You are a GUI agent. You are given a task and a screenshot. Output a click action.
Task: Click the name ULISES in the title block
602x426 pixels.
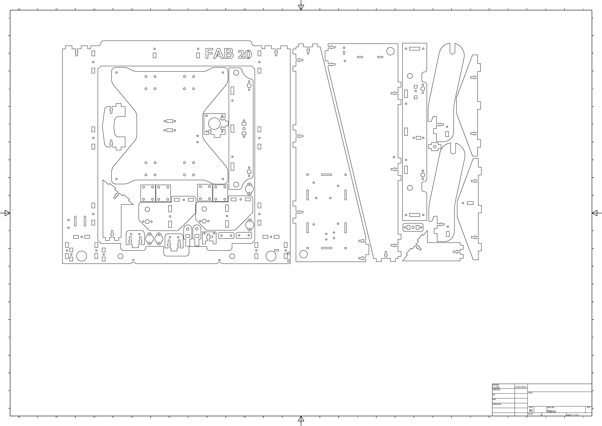pyautogui.click(x=496, y=387)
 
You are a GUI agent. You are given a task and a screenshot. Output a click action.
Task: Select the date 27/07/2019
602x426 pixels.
pyautogui.click(x=521, y=387)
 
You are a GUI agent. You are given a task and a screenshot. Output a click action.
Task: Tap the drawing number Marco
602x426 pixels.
pyautogui.click(x=551, y=411)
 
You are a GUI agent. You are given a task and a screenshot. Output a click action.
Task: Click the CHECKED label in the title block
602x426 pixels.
pyautogui.click(x=496, y=390)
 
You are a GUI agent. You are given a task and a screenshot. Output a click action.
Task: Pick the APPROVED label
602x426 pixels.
pyautogui.click(x=497, y=404)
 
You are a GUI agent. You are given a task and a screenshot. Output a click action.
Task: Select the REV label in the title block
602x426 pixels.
pyautogui.click(x=589, y=407)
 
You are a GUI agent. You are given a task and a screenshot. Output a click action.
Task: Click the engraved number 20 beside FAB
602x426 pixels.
pyautogui.click(x=245, y=55)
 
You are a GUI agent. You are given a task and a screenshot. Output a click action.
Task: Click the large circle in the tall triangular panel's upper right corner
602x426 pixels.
pyautogui.click(x=390, y=51)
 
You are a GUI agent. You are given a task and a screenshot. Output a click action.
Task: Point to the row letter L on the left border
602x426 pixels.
pyautogui.click(x=9, y=18)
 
